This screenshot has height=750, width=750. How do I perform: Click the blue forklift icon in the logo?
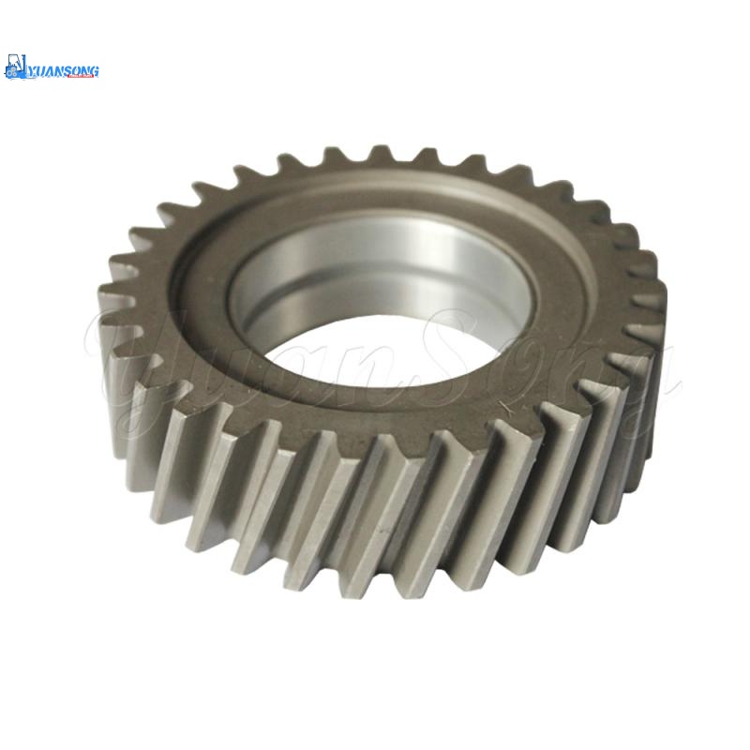coord(15,67)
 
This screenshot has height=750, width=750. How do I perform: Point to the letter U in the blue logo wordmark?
coord(40,71)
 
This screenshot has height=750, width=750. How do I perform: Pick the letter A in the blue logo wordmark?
coord(49,71)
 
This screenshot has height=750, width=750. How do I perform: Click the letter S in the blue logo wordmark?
coord(67,71)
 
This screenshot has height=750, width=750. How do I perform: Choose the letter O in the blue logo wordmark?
coord(76,71)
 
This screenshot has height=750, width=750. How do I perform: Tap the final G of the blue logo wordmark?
coord(95,71)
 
